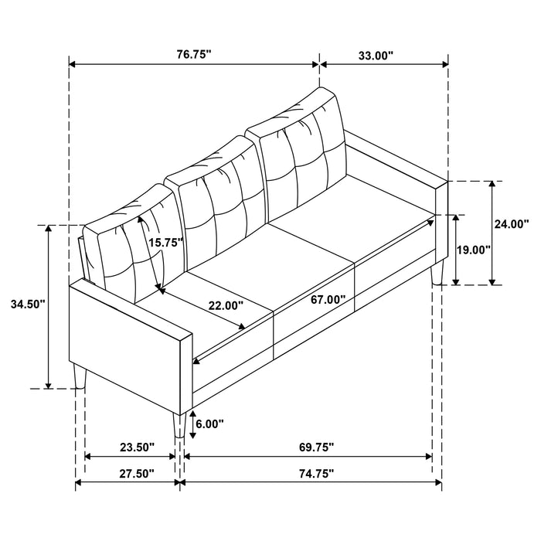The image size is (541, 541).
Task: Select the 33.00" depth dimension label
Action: [375, 55]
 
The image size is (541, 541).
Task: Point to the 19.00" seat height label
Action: [474, 250]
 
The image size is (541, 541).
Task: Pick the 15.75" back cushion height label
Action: [165, 242]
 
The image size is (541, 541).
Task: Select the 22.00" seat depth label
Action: [226, 305]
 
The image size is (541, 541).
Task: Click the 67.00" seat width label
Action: [326, 299]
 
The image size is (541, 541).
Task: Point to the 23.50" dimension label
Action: [137, 447]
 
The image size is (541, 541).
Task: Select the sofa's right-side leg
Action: [438, 271]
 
